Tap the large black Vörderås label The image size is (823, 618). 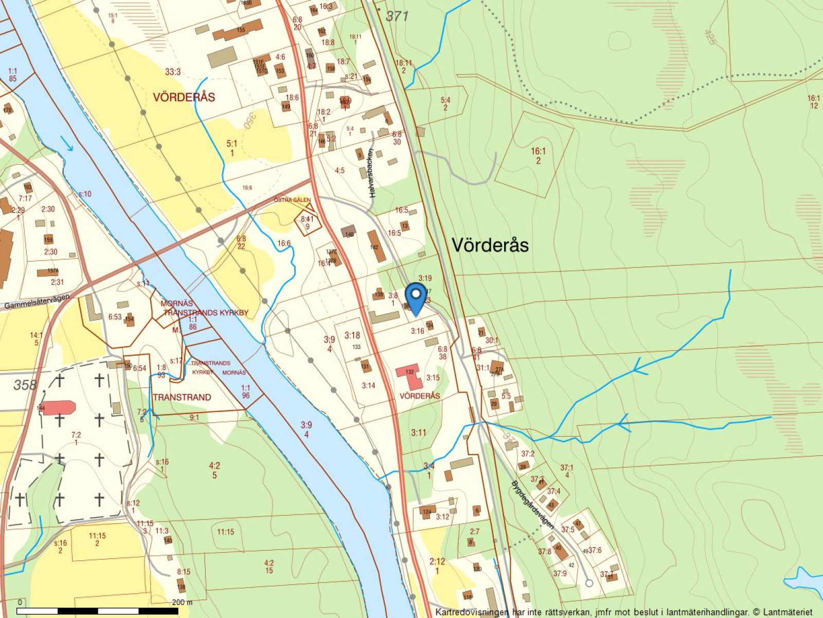click(x=490, y=245)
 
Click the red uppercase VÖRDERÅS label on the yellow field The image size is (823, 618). click(x=184, y=97)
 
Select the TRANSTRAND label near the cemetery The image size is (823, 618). click(x=182, y=397)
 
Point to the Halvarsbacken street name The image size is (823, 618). click(x=372, y=180)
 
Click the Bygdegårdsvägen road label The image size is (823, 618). click(x=533, y=505)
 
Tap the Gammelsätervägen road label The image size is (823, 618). click(x=37, y=302)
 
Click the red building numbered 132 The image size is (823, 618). click(x=411, y=375)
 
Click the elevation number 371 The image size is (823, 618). click(x=397, y=16)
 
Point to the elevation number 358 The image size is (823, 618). click(x=25, y=385)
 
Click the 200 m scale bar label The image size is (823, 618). click(x=182, y=602)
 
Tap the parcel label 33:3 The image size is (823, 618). click(x=173, y=72)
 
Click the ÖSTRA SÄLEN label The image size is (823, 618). click(x=292, y=200)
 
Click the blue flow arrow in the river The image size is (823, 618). click(x=67, y=144)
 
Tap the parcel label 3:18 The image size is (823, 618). click(x=352, y=336)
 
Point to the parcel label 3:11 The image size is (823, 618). click(x=418, y=433)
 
